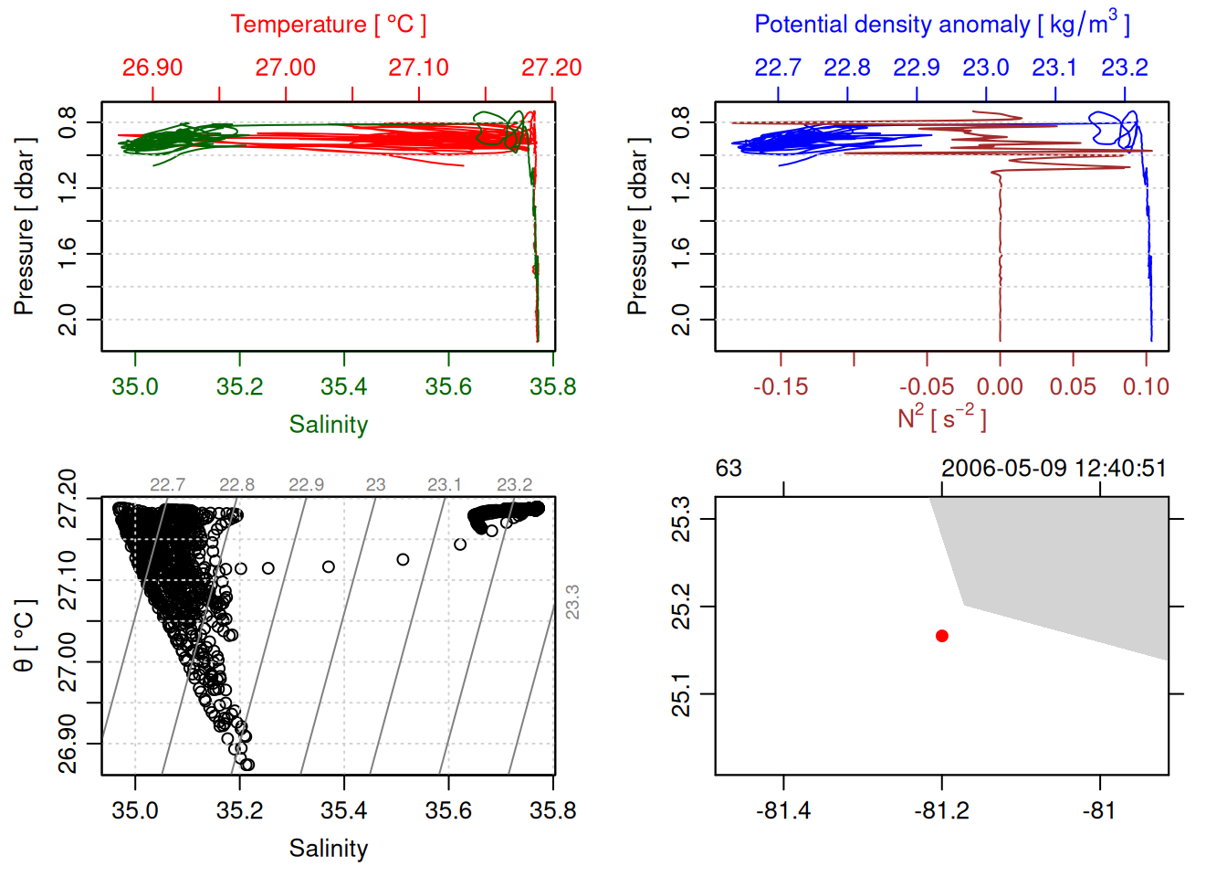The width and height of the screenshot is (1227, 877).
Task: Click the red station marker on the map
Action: [x=942, y=636]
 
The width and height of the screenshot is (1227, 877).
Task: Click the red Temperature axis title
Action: [x=329, y=25]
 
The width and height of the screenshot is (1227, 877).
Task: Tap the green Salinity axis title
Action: [x=329, y=425]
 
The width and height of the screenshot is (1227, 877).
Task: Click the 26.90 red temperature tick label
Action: [x=152, y=68]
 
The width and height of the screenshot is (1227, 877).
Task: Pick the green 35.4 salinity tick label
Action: [x=344, y=387]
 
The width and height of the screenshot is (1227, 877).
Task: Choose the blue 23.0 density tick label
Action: [x=986, y=68]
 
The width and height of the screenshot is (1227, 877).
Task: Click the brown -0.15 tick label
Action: [x=781, y=387]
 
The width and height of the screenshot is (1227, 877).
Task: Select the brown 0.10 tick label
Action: [x=1146, y=387]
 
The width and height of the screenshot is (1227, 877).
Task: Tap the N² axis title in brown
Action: [x=942, y=418]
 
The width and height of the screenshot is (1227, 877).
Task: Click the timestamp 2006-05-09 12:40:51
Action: [x=1054, y=469]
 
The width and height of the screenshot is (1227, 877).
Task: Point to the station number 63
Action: [x=729, y=469]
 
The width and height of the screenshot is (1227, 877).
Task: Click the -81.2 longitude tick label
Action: [x=942, y=811]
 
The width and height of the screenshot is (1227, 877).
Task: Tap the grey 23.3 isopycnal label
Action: [x=572, y=602]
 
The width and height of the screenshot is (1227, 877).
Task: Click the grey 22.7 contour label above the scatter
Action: [x=168, y=485]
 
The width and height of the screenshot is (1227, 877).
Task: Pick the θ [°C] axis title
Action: [x=25, y=636]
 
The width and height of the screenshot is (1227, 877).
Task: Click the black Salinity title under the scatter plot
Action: [x=329, y=849]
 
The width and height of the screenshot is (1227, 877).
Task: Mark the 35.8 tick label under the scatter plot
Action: [x=552, y=811]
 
